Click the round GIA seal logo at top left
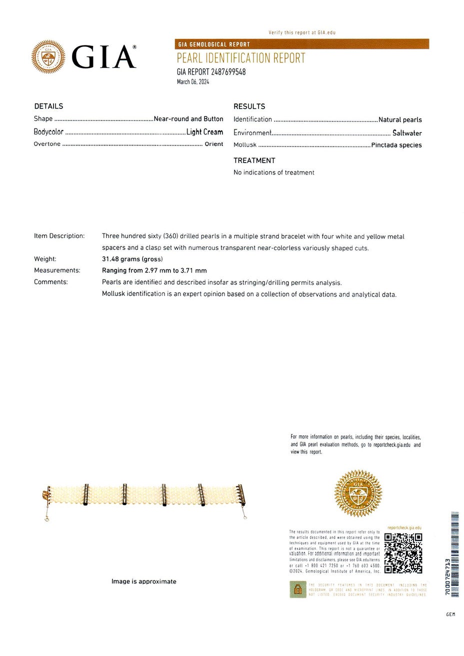[x=48, y=56]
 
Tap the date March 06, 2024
[x=193, y=82]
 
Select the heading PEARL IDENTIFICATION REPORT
[x=241, y=58]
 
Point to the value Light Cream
[x=204, y=132]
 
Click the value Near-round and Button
[x=188, y=119]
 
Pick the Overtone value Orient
[x=214, y=144]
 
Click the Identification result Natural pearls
[x=400, y=120]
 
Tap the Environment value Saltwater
[x=407, y=133]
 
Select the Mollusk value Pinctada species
[x=396, y=145]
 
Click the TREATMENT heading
[x=254, y=160]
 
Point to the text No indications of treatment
[x=274, y=172]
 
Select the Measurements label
[x=57, y=270]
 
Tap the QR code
[x=403, y=552]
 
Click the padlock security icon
[x=297, y=589]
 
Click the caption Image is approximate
[x=143, y=581]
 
